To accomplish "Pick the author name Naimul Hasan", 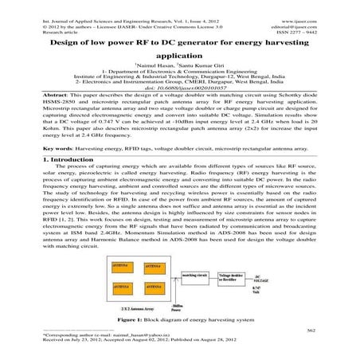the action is (x=156, y=64).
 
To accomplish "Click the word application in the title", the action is (x=180, y=55).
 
